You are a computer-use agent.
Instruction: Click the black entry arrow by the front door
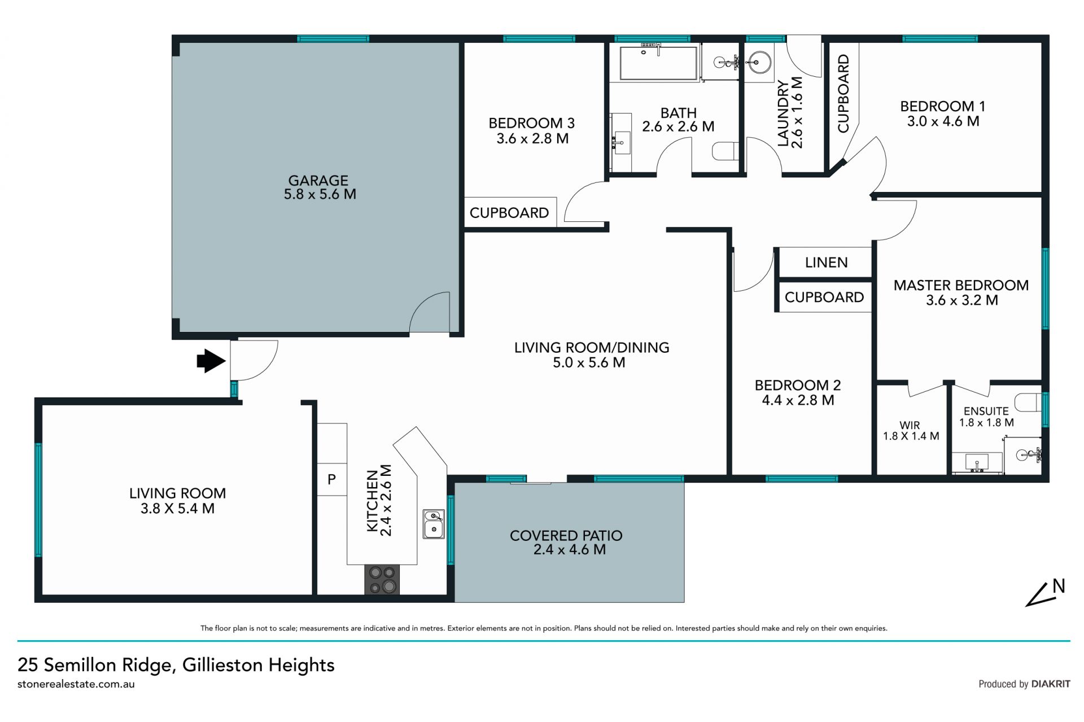click(x=211, y=361)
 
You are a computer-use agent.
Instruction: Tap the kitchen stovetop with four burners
click(x=382, y=580)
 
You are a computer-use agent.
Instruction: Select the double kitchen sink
click(x=434, y=524)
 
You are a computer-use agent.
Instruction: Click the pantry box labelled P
click(x=331, y=479)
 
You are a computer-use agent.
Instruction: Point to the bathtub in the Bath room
click(x=658, y=63)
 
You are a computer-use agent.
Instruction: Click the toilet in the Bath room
click(x=725, y=151)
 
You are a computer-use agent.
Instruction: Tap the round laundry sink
click(x=759, y=62)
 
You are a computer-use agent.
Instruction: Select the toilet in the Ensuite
click(x=1028, y=402)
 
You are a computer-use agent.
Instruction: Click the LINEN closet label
click(x=826, y=262)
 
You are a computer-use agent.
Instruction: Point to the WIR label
click(x=910, y=425)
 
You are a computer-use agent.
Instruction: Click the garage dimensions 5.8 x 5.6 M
click(x=320, y=194)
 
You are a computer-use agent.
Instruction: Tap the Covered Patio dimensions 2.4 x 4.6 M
click(x=569, y=549)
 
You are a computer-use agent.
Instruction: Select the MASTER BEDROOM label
click(x=961, y=285)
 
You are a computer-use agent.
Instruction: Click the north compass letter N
click(x=1059, y=587)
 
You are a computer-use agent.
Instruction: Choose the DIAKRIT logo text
click(x=1051, y=684)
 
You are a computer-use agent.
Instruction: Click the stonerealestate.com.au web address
click(x=76, y=684)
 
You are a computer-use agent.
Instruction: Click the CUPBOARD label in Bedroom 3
click(x=509, y=213)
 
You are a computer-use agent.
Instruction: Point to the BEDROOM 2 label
click(x=798, y=386)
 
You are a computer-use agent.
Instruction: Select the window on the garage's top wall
click(x=333, y=39)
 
